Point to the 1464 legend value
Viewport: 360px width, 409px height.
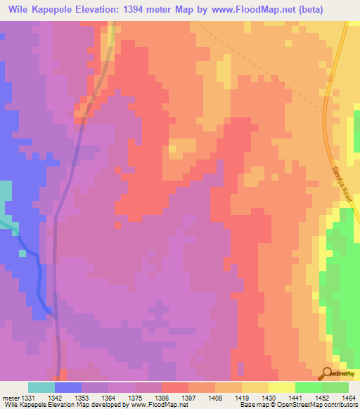349,397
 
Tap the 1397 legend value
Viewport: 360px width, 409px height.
189,397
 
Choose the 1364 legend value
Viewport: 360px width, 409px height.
109,397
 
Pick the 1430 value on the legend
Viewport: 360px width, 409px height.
269,397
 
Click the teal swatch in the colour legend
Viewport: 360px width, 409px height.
41,387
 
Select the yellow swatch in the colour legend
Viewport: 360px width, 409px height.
281,387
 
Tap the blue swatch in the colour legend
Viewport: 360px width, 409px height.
67,387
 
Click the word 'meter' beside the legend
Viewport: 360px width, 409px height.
8,397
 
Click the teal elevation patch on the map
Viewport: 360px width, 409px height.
6,200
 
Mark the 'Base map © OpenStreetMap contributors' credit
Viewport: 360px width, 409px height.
297,405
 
